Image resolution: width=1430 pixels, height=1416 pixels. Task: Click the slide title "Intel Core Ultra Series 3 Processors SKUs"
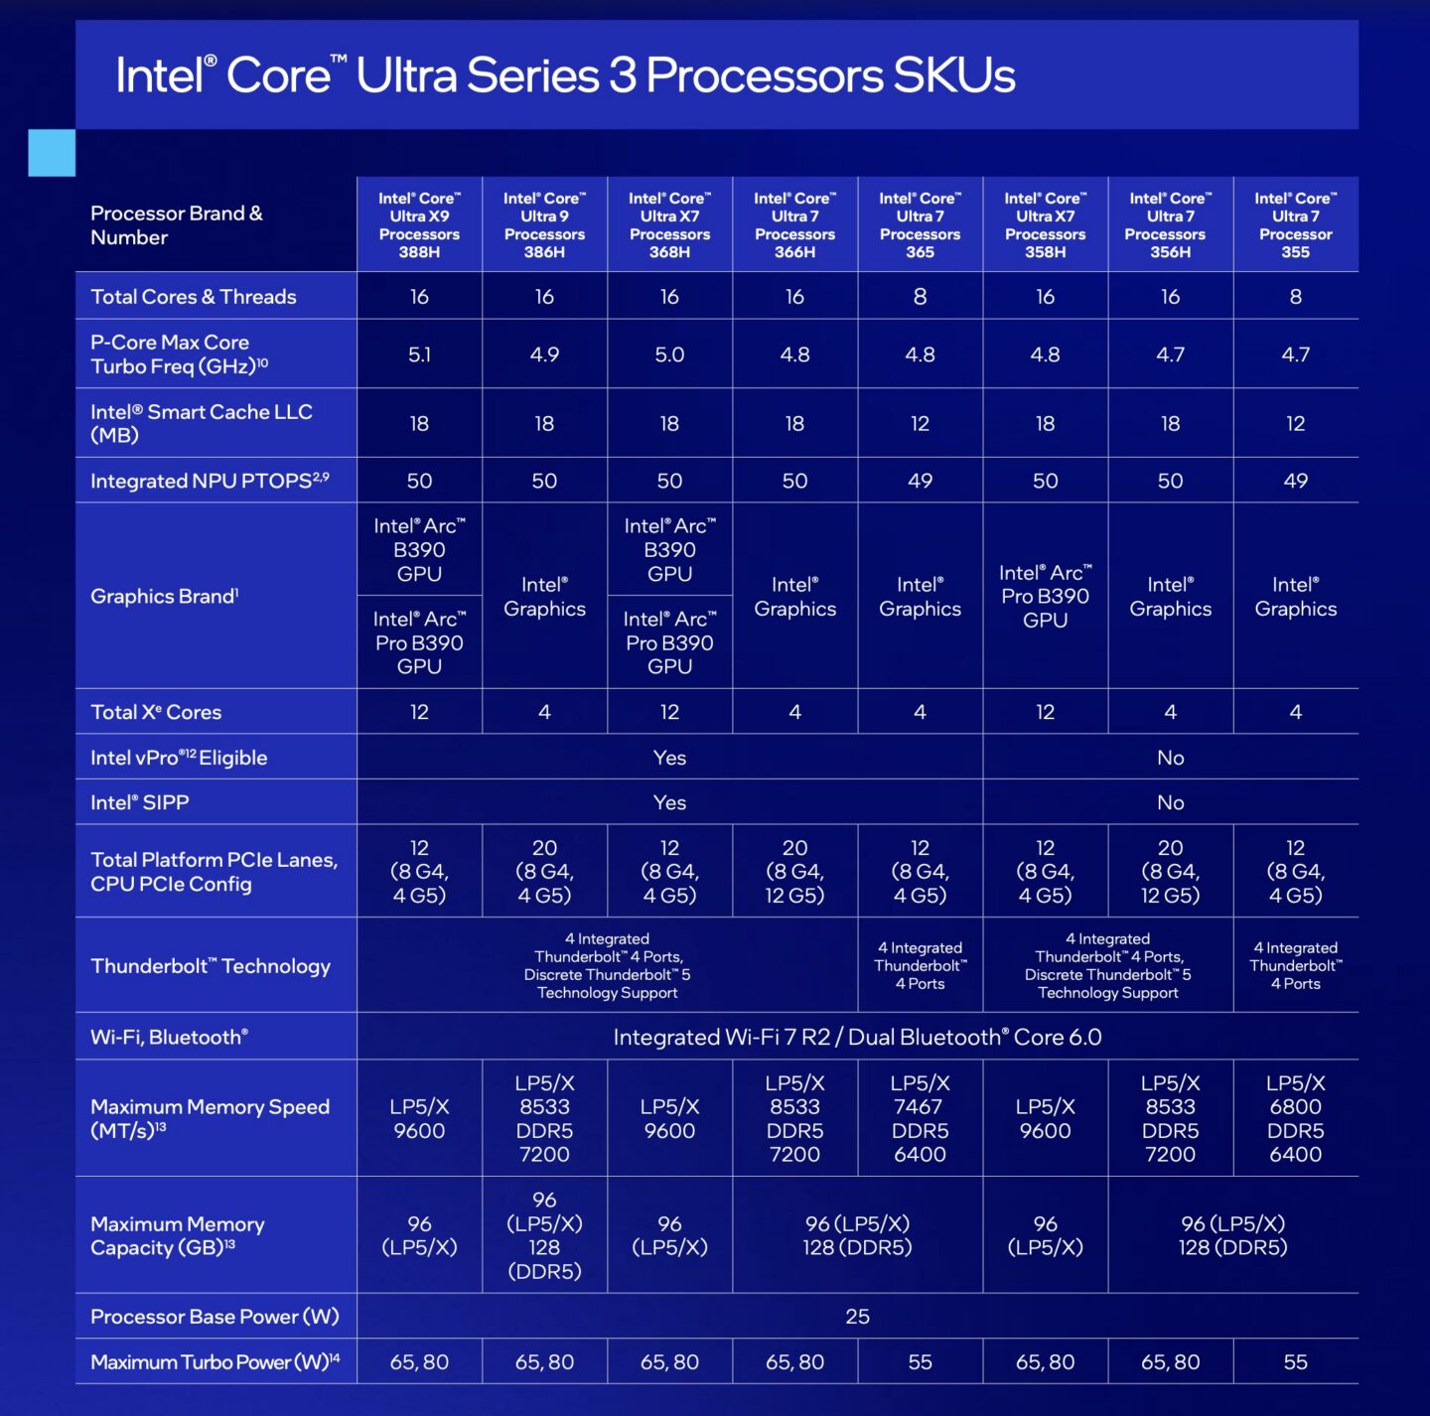(x=565, y=75)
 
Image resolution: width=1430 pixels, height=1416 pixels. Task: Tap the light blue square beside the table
(x=52, y=153)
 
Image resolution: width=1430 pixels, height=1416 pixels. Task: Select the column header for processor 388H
(x=419, y=225)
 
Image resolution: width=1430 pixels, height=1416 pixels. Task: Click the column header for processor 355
(x=1295, y=225)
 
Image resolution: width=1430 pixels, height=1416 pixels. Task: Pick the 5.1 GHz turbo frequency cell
(x=419, y=354)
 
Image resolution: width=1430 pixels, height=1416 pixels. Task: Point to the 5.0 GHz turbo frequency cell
(x=669, y=354)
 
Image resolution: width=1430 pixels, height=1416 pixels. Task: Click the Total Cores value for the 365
(x=920, y=297)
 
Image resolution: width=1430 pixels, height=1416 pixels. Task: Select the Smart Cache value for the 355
(x=1295, y=424)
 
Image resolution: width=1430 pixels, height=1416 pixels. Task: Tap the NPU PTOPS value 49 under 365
(x=920, y=481)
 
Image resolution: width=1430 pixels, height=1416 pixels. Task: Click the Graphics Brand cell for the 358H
(x=1045, y=596)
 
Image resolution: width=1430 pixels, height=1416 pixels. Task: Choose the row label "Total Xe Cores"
(x=156, y=712)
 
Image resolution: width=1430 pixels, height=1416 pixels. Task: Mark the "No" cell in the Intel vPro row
(x=1170, y=758)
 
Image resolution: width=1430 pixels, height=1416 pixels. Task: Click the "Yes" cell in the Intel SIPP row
(x=669, y=802)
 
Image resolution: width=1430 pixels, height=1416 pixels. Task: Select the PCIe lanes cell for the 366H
(x=794, y=871)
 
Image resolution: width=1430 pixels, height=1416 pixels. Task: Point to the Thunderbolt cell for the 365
(x=920, y=965)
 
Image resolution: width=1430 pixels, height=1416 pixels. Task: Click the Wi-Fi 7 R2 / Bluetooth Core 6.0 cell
(x=857, y=1037)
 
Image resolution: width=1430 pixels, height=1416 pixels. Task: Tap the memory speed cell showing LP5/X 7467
(x=920, y=1118)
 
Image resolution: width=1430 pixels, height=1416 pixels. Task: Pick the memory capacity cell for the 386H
(x=544, y=1235)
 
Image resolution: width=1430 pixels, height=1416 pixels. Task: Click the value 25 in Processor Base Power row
(x=857, y=1317)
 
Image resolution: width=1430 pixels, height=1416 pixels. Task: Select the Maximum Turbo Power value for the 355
(x=1295, y=1362)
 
